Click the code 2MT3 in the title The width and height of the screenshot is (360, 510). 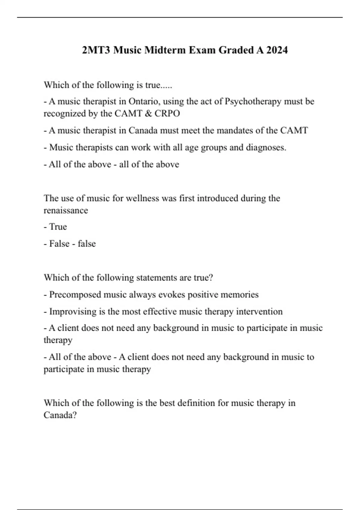pyautogui.click(x=96, y=50)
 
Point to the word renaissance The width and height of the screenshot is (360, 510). pyautogui.click(x=66, y=210)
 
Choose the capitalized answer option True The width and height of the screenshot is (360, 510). pyautogui.click(x=58, y=227)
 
